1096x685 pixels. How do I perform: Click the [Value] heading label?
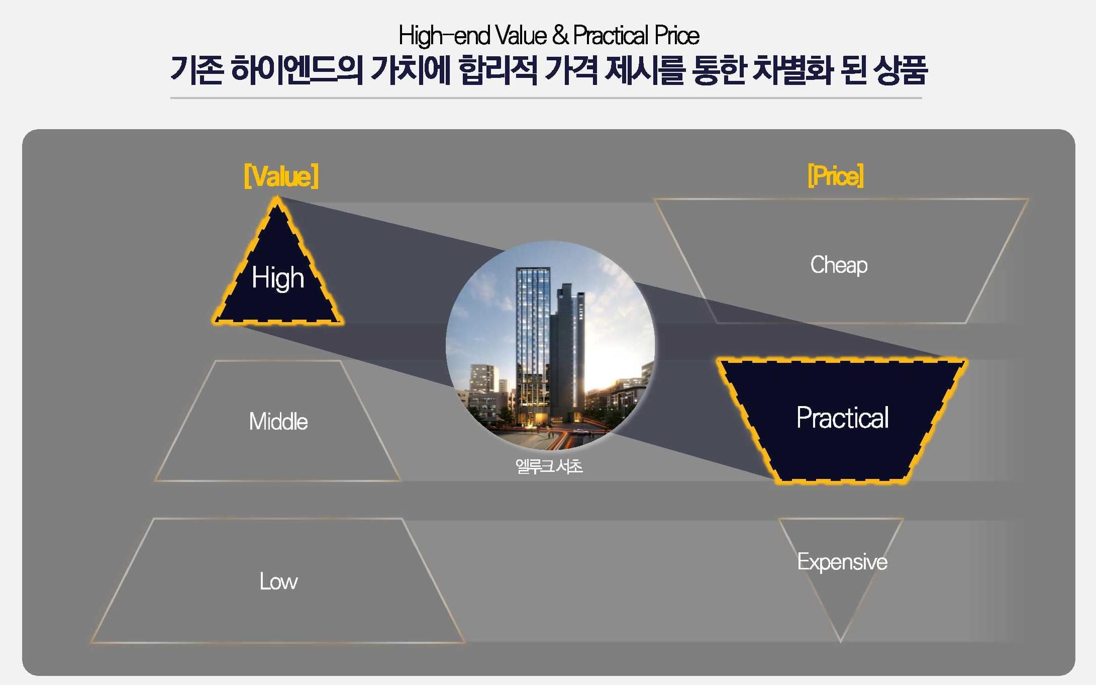tap(281, 176)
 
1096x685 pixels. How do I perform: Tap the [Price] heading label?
tap(836, 176)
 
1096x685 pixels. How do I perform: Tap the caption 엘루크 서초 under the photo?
tap(549, 466)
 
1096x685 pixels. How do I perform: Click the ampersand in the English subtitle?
tap(560, 35)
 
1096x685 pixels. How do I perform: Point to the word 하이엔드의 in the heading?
tap(296, 70)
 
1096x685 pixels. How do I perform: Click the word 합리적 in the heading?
tap(497, 70)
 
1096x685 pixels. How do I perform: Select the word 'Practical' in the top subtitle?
tap(611, 36)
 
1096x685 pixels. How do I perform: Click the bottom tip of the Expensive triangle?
tap(841, 642)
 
